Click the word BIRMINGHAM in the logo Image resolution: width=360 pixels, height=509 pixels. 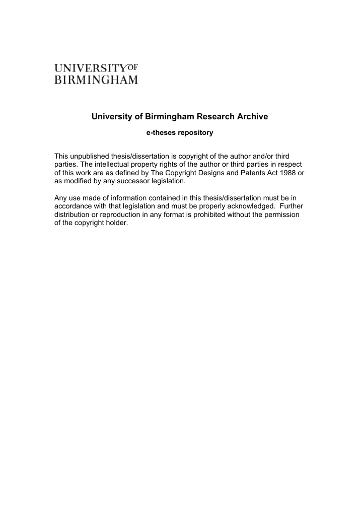(x=96, y=80)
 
